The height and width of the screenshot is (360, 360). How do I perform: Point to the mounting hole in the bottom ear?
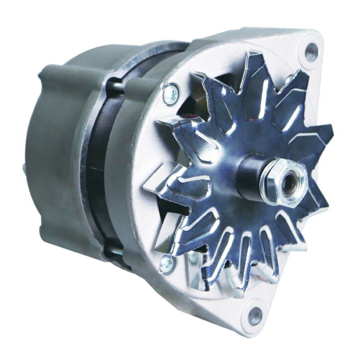(x=255, y=316)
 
